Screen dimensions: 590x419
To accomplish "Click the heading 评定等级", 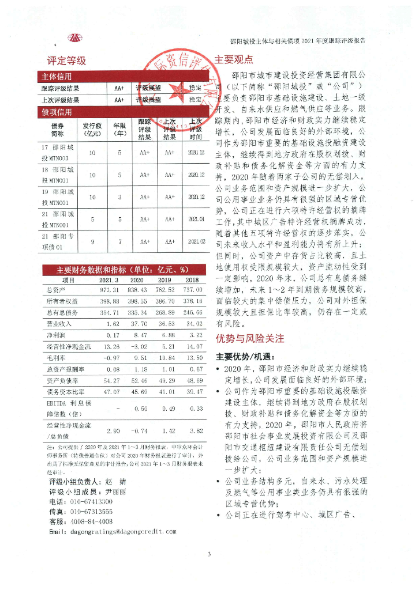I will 67,60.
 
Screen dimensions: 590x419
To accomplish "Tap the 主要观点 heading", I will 234,59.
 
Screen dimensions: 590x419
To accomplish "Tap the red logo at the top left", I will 75,39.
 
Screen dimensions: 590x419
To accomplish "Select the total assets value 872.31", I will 109,289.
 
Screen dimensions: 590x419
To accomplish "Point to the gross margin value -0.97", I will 109,357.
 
